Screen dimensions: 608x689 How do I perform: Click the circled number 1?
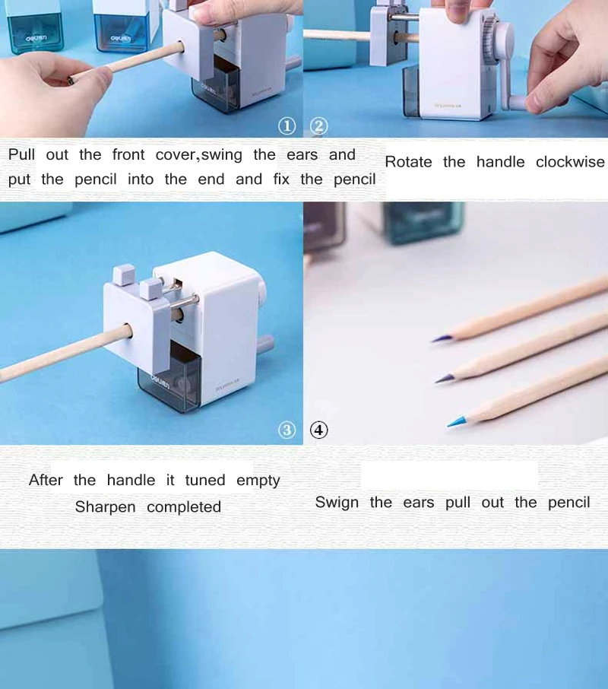pos(287,126)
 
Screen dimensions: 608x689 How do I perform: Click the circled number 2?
pos(319,126)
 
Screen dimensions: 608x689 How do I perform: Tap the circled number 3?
pos(287,430)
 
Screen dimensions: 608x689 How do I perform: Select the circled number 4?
pos(319,430)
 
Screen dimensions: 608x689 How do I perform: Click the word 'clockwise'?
pos(570,162)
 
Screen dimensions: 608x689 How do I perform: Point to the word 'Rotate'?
pos(408,162)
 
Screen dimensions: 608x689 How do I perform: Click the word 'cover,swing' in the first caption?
pos(199,154)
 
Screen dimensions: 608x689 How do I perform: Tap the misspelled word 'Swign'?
pos(337,502)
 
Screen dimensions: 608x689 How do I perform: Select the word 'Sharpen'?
pos(106,507)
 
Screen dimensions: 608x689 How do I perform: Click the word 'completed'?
pos(184,507)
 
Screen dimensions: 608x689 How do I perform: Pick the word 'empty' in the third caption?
pos(258,481)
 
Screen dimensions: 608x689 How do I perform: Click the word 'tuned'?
pos(205,480)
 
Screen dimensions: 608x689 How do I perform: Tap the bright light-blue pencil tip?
pos(456,421)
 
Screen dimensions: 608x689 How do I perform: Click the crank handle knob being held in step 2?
pos(519,103)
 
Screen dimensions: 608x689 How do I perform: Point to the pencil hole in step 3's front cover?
pos(128,331)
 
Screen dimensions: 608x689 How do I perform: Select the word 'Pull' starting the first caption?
pos(21,154)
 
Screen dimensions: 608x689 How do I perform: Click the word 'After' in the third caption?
pos(46,480)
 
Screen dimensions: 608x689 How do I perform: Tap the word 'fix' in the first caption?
pos(281,179)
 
